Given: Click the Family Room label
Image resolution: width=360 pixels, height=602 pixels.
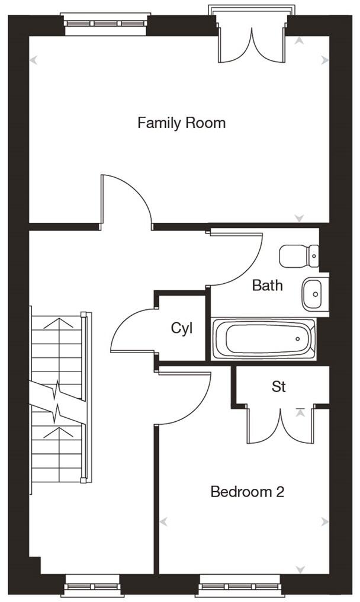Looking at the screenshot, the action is tap(181, 123).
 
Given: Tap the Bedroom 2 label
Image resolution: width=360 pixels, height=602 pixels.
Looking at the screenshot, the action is tap(247, 491).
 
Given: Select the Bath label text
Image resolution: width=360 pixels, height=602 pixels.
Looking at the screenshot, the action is tap(268, 285).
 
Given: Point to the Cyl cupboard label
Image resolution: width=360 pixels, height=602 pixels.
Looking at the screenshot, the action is tap(182, 329).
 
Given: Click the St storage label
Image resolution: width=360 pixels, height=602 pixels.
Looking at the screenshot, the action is tap(279, 386).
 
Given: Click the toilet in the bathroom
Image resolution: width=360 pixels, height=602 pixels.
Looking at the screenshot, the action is tap(299, 256).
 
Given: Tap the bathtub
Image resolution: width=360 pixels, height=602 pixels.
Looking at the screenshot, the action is tap(264, 339).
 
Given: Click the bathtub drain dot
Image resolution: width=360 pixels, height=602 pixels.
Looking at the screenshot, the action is tap(297, 339).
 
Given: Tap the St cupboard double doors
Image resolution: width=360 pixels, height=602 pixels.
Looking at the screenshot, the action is tap(281, 426).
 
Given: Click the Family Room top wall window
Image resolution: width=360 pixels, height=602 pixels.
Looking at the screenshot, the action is tap(105, 24).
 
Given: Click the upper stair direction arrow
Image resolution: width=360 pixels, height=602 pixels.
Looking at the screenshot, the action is tap(58, 324).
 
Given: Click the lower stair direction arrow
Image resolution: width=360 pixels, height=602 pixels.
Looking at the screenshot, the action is tap(58, 433).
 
